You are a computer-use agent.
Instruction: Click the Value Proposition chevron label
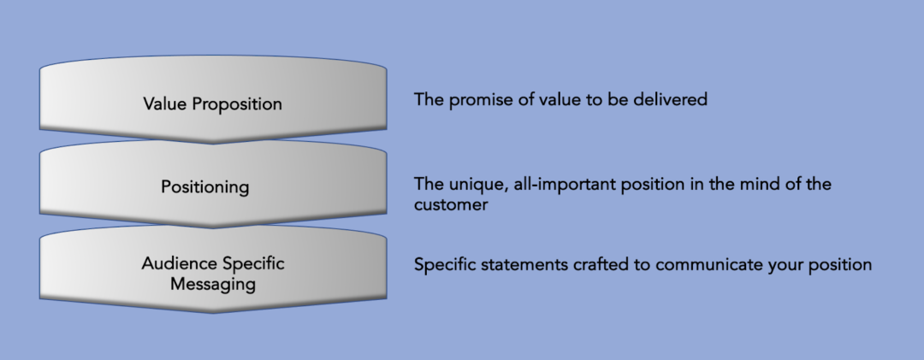coord(212,104)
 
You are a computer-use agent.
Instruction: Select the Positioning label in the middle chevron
coord(205,187)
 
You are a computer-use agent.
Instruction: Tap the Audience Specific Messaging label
coord(213,274)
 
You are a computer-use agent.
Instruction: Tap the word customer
coord(451,205)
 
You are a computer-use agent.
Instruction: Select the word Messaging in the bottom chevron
coord(213,285)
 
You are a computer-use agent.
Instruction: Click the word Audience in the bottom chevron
coord(176,263)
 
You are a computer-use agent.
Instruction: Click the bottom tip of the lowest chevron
coord(213,313)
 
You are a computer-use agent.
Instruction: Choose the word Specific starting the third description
coord(445,265)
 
